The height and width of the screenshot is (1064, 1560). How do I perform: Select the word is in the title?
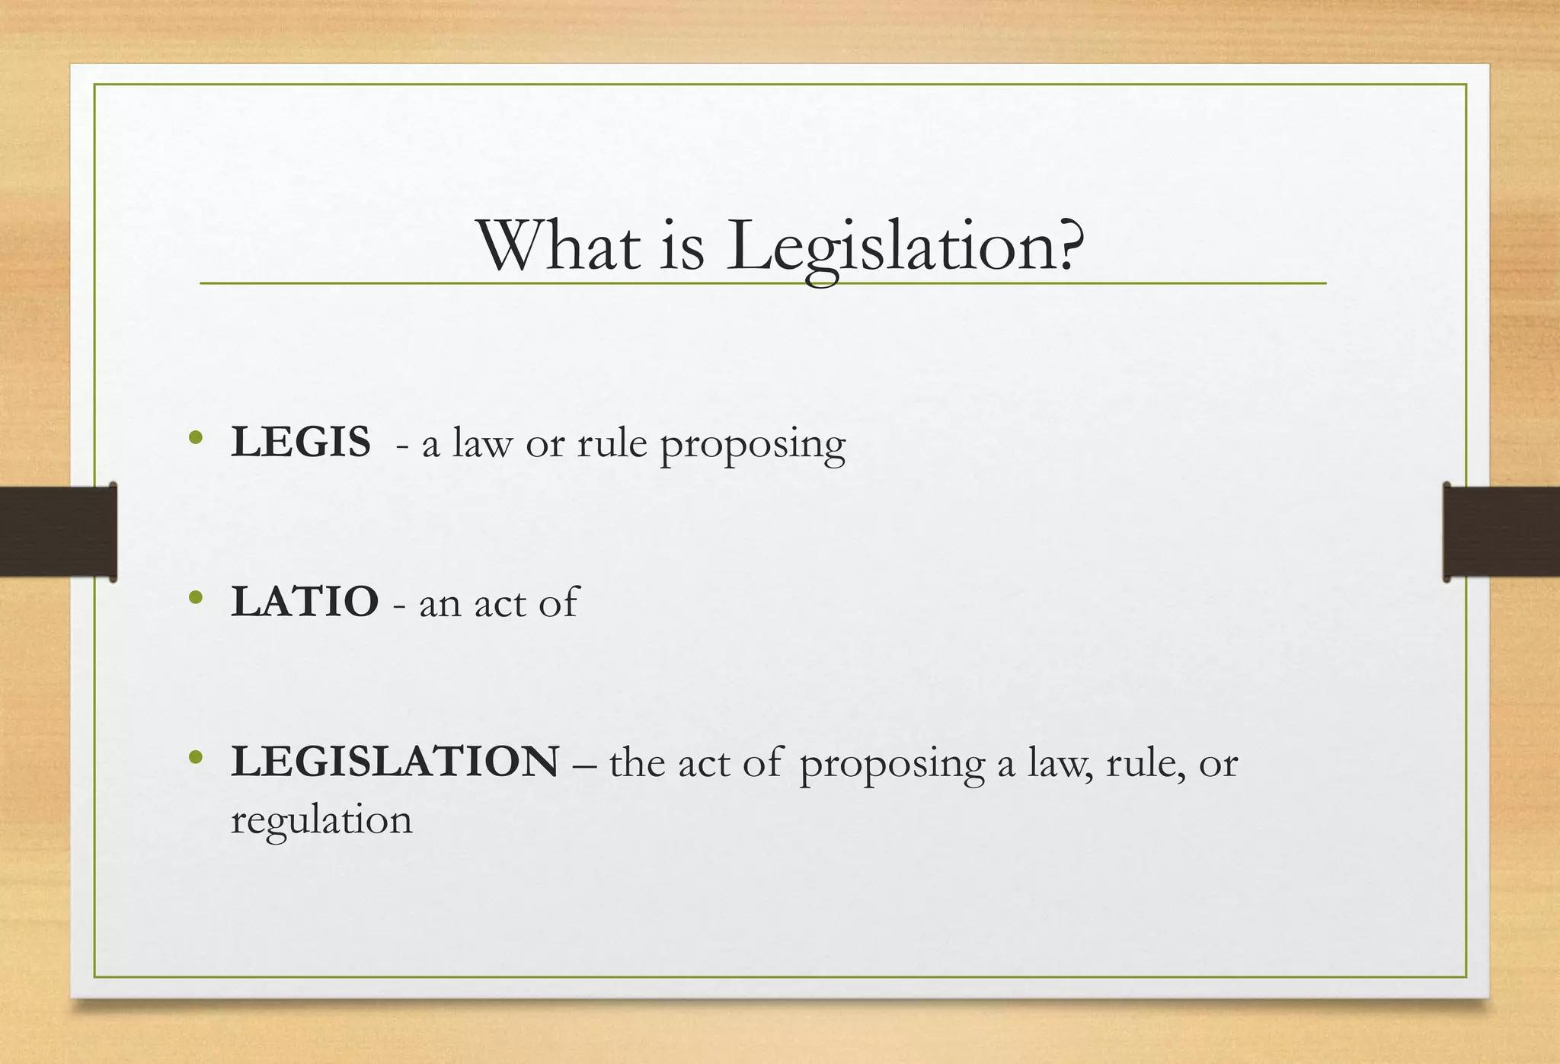pyautogui.click(x=682, y=245)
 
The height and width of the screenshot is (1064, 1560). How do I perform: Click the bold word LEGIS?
pyautogui.click(x=301, y=442)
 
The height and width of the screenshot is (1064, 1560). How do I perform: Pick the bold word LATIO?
pyautogui.click(x=305, y=602)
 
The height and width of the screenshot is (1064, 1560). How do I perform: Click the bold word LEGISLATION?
pyautogui.click(x=395, y=762)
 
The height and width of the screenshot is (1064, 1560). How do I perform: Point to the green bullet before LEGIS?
pyautogui.click(x=197, y=437)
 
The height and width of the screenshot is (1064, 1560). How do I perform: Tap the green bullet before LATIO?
pyautogui.click(x=197, y=597)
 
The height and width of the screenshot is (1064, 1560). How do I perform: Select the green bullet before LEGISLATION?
pyautogui.click(x=197, y=757)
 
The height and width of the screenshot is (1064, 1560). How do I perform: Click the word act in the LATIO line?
pyautogui.click(x=499, y=603)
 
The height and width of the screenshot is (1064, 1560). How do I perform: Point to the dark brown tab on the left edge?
pyautogui.click(x=58, y=532)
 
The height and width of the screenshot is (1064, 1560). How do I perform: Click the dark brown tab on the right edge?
pyautogui.click(x=1501, y=532)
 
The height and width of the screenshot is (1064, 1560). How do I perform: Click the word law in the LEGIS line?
pyautogui.click(x=481, y=443)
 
